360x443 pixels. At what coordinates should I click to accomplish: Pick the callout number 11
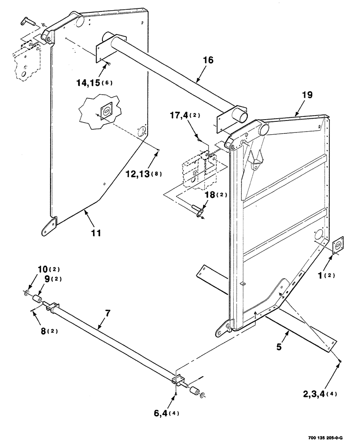point(96,232)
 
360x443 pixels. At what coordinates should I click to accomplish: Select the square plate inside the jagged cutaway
point(106,112)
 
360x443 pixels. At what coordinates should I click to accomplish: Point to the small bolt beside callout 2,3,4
point(339,362)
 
